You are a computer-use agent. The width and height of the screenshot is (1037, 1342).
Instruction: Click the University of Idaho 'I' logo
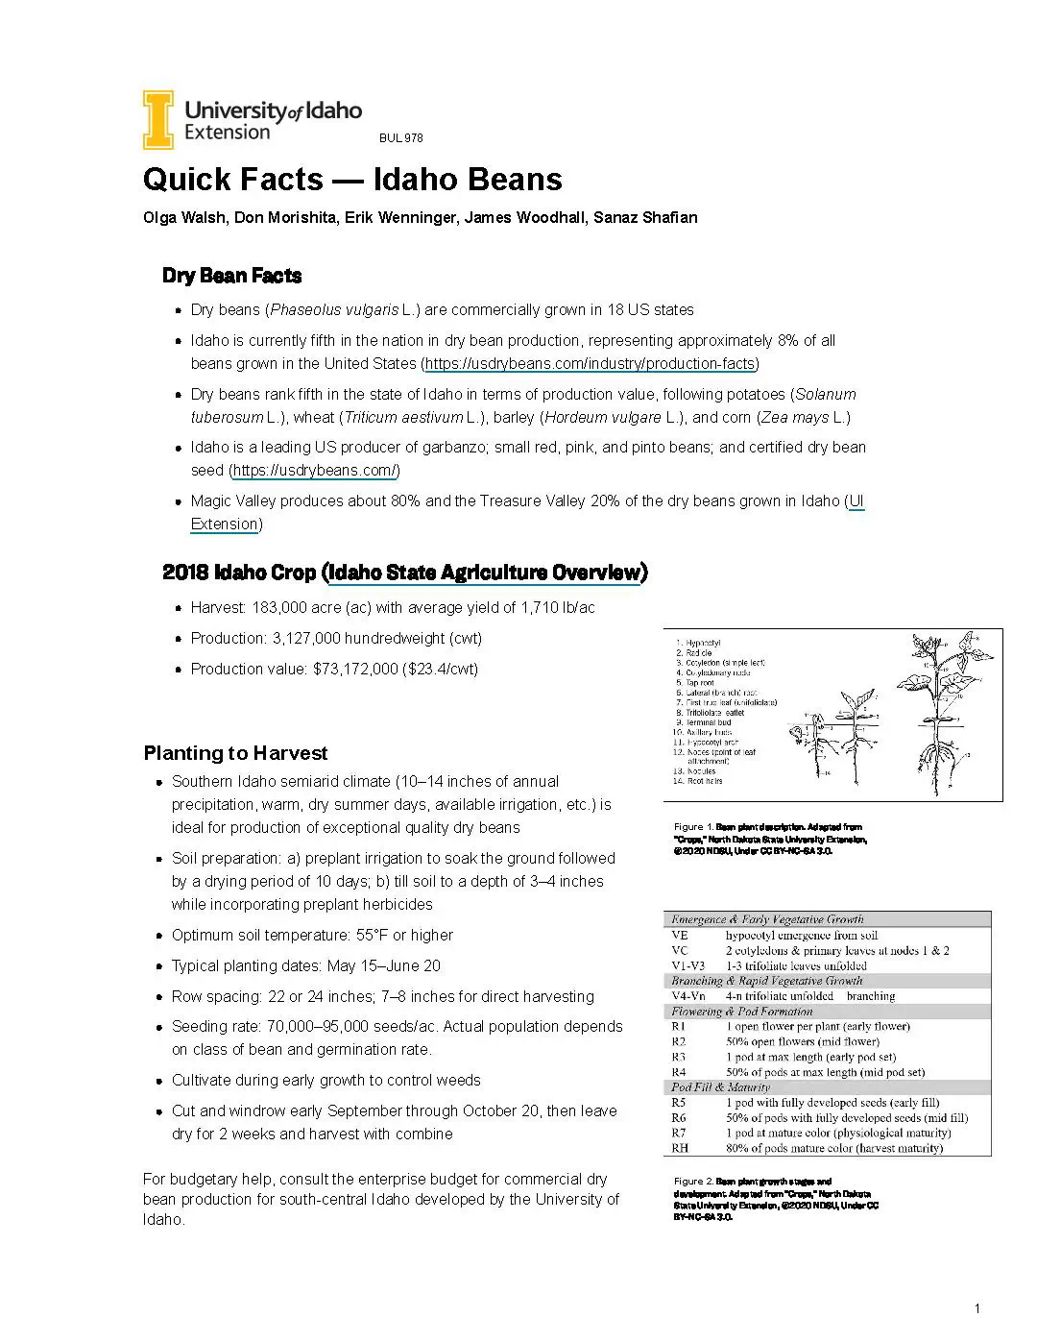pos(158,120)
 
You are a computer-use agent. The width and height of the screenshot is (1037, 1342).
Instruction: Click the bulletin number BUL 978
pos(400,138)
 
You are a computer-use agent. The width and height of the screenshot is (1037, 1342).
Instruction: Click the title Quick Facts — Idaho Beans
pos(352,180)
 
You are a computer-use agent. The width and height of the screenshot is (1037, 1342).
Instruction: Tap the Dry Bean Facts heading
pos(231,276)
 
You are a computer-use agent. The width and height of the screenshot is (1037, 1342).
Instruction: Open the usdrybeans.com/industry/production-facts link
pos(591,364)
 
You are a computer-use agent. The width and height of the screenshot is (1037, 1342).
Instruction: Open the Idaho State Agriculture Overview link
pos(484,573)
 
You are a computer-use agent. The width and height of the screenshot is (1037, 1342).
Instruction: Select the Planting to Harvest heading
pos(235,753)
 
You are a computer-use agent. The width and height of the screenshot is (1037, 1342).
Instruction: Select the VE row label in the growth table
pos(680,935)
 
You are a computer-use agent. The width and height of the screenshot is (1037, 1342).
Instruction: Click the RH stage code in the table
pos(680,1148)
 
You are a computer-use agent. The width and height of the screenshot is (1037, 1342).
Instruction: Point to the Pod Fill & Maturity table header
pos(720,1087)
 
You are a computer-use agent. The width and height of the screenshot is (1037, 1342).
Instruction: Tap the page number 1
pos(977,1308)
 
